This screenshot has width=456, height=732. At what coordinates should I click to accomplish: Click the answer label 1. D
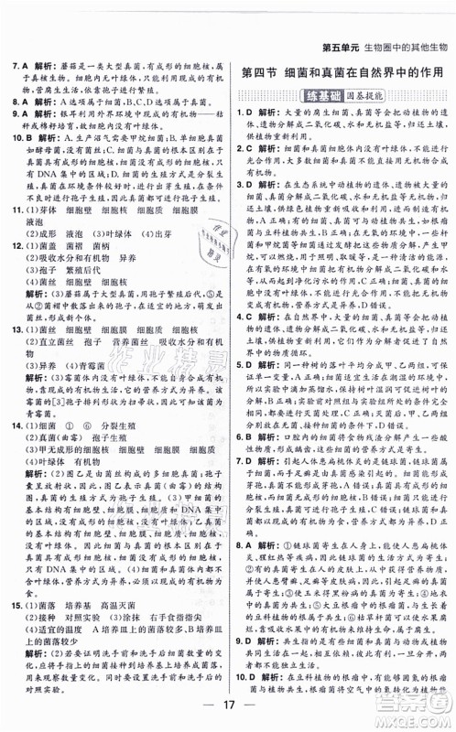pos(244,112)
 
